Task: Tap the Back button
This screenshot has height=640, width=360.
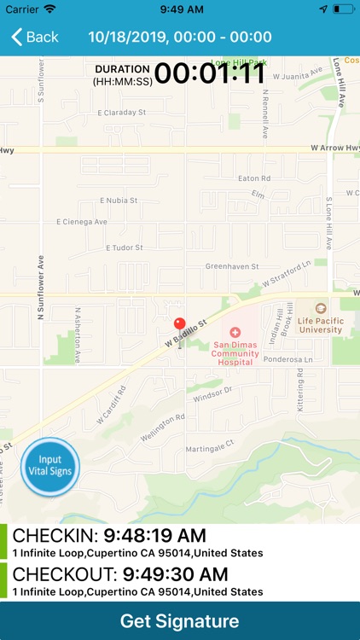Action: [x=34, y=38]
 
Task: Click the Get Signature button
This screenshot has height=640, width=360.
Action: [x=180, y=620]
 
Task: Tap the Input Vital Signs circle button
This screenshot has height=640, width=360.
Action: [x=49, y=466]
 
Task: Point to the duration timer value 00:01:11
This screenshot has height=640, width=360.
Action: [x=210, y=73]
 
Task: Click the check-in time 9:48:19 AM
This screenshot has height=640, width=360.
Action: [x=154, y=536]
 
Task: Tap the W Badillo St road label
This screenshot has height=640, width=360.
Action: [x=186, y=332]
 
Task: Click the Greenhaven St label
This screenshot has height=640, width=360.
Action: [x=232, y=266]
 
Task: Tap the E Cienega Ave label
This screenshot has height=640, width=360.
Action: [x=82, y=222]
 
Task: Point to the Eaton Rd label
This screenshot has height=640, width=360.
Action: [x=254, y=178]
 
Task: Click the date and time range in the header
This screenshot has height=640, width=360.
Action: [x=180, y=38]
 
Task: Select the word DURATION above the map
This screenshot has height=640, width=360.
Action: [x=122, y=68]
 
